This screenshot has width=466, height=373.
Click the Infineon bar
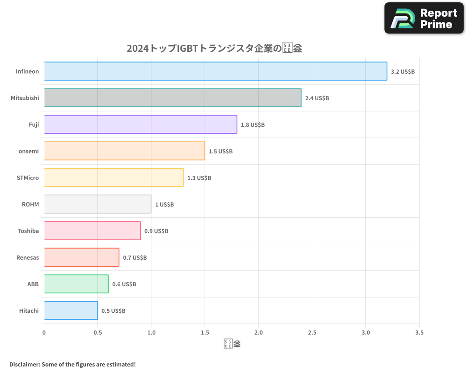[215, 71]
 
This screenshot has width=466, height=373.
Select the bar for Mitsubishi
[172, 98]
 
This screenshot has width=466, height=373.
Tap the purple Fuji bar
[140, 124]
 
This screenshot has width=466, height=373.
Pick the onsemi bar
[124, 151]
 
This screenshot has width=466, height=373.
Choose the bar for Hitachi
[71, 311]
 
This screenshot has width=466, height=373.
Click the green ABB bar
[76, 284]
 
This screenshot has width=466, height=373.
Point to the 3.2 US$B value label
[403, 72]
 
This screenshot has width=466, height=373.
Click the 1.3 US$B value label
[199, 178]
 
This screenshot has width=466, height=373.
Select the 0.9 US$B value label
[156, 231]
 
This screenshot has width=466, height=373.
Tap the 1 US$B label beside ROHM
[164, 205]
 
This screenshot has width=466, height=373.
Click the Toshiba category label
[28, 231]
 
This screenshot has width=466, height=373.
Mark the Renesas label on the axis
[27, 257]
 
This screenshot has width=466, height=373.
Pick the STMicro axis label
[27, 178]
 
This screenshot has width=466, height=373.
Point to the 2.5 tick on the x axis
[312, 333]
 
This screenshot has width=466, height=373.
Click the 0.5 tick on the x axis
[97, 333]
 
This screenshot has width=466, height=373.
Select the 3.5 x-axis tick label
[419, 333]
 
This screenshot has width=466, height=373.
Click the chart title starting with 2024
[214, 48]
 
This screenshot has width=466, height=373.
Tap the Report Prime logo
[424, 18]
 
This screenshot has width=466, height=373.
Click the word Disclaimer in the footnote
[24, 364]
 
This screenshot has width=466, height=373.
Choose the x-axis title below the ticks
[232, 345]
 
